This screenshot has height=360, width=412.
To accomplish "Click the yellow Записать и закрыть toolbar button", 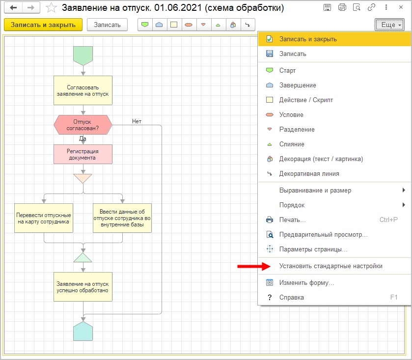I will click(43, 25).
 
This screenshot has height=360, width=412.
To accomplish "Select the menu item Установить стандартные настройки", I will click(330, 266).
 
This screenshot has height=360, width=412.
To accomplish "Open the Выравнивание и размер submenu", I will click(315, 190).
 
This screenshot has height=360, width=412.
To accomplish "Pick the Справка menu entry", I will click(291, 297).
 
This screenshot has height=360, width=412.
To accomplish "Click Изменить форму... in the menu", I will click(306, 283).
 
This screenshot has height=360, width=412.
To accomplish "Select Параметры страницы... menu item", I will click(313, 249).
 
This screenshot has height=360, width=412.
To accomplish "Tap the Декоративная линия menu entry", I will click(309, 173).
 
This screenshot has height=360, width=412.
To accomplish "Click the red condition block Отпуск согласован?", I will click(82, 125).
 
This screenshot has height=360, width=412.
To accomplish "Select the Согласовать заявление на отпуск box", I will click(82, 90).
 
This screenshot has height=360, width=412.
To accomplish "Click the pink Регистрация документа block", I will click(82, 154).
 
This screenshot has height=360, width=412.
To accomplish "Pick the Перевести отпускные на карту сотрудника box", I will click(44, 218).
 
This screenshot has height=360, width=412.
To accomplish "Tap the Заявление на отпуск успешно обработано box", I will click(82, 287).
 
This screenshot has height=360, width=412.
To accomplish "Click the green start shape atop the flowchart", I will click(82, 55).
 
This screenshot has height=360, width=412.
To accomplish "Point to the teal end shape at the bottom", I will click(82, 332).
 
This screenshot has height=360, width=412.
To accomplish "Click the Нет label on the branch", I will click(137, 121).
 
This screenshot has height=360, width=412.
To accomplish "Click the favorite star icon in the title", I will click(51, 8).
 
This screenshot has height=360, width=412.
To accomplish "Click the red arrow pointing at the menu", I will click(253, 266).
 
